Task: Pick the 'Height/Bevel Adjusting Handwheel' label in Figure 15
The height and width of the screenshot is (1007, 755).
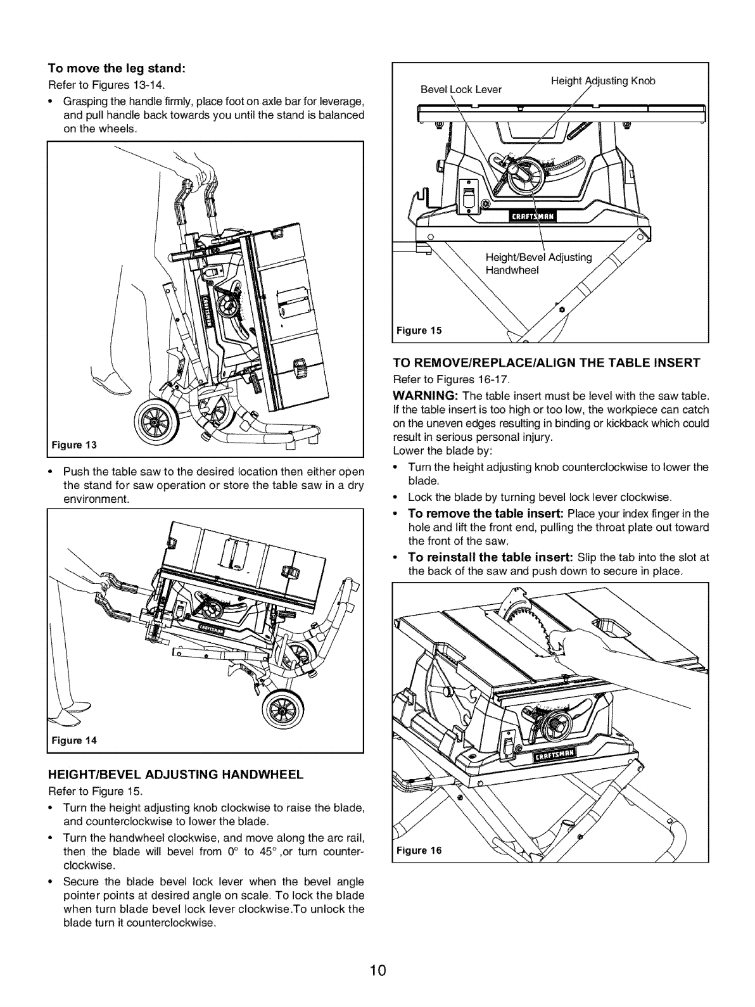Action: pos(538,263)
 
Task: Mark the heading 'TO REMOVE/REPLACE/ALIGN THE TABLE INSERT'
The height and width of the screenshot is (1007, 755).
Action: pos(546,363)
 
